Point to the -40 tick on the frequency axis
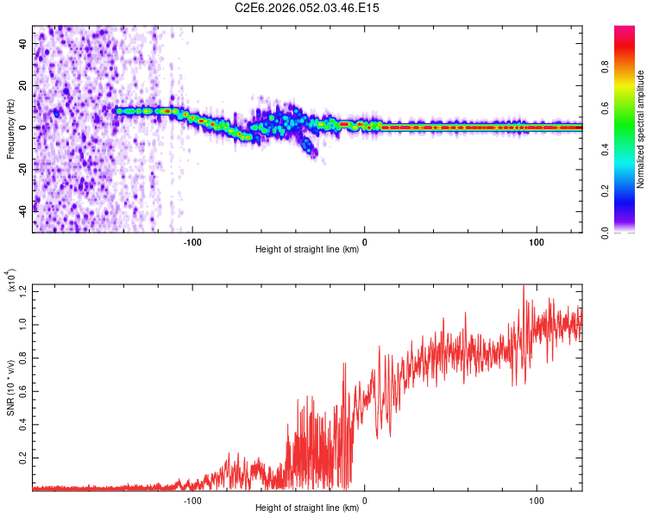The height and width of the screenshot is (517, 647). [x=22, y=209]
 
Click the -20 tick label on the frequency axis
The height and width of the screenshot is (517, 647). [x=22, y=168]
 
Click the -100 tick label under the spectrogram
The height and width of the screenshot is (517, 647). [x=192, y=241]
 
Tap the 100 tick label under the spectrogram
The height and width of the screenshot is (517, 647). [x=536, y=241]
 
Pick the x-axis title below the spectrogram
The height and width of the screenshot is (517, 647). [x=307, y=250]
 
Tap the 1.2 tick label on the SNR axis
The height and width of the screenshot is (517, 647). [x=21, y=292]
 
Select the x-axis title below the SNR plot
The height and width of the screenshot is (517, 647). [x=307, y=508]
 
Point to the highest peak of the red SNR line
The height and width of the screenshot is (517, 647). [x=523, y=285]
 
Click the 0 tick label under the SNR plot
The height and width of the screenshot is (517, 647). [x=364, y=499]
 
